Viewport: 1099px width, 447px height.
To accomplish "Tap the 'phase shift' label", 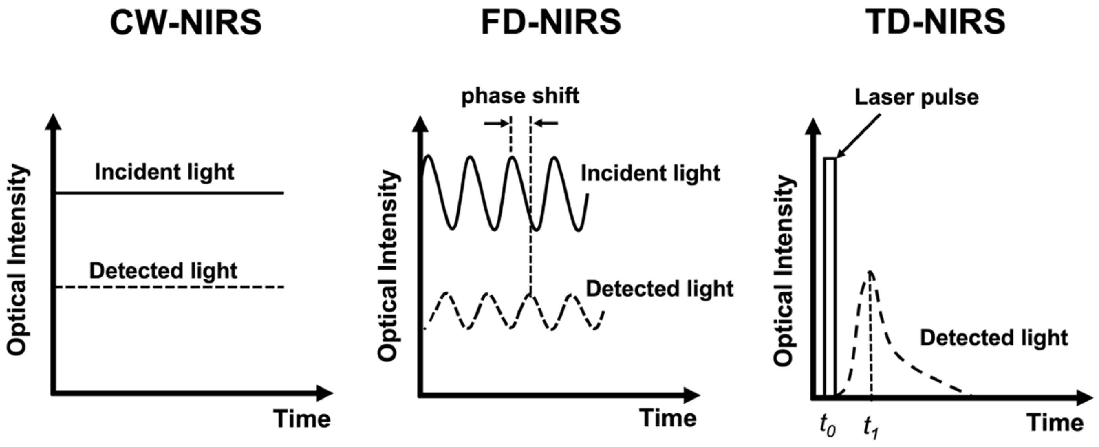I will (520, 96).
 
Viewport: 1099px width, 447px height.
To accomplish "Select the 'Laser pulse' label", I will (916, 97).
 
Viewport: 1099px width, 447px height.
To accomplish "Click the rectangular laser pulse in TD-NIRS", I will (830, 277).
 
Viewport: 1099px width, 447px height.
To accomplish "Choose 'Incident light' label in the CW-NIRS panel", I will (164, 172).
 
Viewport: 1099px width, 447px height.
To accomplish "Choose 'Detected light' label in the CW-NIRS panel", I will (163, 271).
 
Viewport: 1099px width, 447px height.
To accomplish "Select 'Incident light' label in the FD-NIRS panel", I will (650, 173).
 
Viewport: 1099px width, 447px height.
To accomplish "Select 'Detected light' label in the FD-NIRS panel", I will (659, 289).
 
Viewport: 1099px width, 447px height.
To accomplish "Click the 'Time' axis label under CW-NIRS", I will (302, 419).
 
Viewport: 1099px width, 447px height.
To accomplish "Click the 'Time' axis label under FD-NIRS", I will (668, 418).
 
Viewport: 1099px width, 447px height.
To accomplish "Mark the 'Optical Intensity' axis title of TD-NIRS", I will (783, 272).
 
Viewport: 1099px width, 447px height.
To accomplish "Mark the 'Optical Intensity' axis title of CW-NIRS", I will (17, 260).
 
